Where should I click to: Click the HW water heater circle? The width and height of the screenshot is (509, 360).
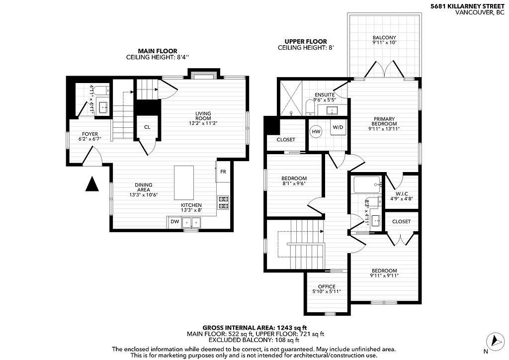click(316, 131)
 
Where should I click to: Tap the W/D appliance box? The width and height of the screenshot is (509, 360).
click(338, 127)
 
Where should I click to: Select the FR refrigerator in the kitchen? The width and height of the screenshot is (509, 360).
click(223, 172)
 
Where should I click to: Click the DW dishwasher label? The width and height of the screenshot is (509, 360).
click(174, 222)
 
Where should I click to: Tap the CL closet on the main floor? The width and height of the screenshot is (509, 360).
click(147, 127)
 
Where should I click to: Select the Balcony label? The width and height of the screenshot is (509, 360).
click(384, 38)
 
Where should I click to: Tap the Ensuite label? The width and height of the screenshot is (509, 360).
click(324, 95)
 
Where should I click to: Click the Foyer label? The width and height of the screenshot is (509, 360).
click(90, 134)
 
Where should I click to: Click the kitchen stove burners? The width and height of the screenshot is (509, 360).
click(223, 203)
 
